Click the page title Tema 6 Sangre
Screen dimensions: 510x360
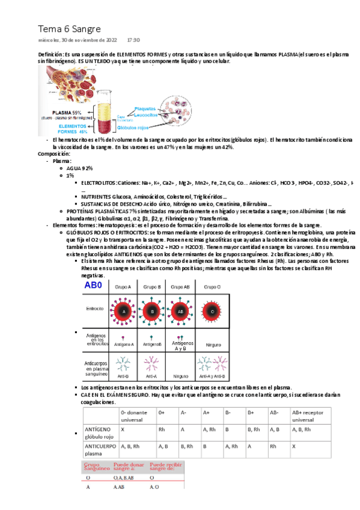coord(70,29)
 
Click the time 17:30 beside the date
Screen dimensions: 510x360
coord(133,40)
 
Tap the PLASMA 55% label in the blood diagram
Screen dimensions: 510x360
coord(67,112)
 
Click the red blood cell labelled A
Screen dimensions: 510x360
coord(123,312)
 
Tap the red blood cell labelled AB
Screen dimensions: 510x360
coord(180,312)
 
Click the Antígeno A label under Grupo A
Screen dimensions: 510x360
coord(124,345)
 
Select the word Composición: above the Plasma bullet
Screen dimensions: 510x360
coord(54,154)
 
